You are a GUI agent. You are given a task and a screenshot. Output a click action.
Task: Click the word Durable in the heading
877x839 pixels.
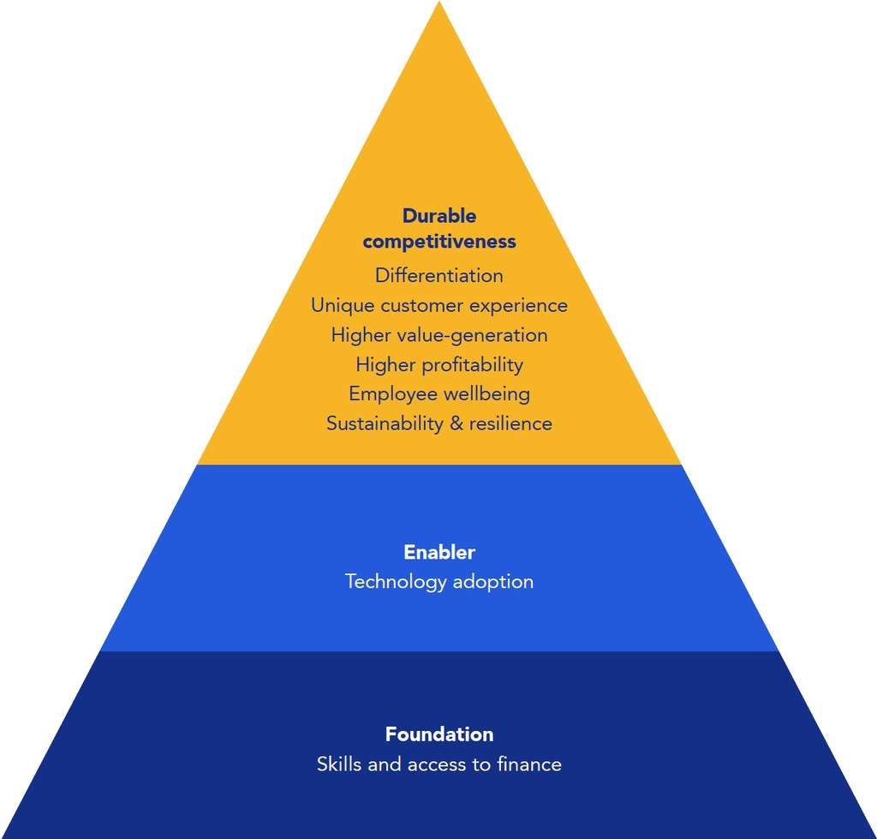click(x=439, y=216)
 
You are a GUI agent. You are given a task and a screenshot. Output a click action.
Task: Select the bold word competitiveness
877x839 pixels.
click(x=439, y=243)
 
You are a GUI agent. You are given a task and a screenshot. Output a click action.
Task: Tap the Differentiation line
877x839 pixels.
click(x=439, y=276)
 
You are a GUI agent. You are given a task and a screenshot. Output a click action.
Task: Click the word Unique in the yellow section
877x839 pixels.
click(x=343, y=306)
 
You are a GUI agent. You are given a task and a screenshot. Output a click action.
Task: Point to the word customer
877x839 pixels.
click(x=421, y=306)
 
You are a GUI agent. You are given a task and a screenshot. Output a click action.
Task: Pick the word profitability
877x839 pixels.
click(x=475, y=365)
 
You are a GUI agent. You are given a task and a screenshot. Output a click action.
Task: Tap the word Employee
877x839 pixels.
click(x=392, y=394)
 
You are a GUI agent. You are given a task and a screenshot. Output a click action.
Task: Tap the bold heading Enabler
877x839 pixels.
click(x=439, y=553)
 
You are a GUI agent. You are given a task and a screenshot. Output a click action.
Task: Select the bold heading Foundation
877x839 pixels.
click(x=439, y=734)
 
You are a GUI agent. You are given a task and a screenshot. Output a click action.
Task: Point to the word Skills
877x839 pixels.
click(x=339, y=764)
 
